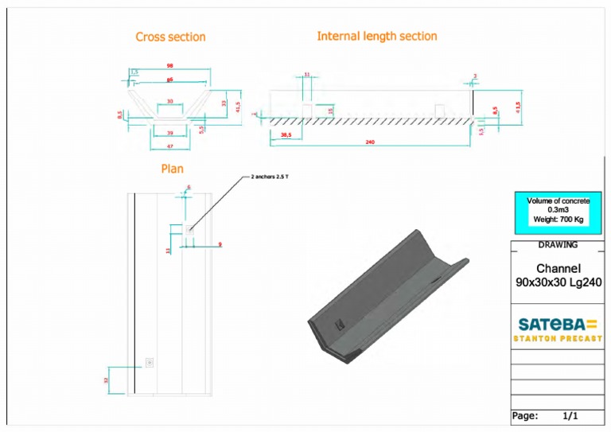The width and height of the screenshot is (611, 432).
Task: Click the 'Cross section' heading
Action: pyautogui.click(x=170, y=37)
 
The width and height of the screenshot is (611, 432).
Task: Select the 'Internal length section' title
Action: pyautogui.click(x=376, y=36)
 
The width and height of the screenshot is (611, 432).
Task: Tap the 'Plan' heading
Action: pyautogui.click(x=172, y=169)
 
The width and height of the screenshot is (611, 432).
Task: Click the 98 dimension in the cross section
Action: pyautogui.click(x=169, y=66)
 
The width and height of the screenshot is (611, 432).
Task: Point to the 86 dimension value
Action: pyautogui.click(x=169, y=80)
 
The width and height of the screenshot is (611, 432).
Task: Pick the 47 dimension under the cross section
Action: pyautogui.click(x=169, y=146)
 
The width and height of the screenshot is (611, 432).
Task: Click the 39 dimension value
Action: pyautogui.click(x=169, y=133)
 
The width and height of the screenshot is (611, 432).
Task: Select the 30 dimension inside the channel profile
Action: pyautogui.click(x=169, y=102)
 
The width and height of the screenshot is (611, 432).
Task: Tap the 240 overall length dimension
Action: pyautogui.click(x=370, y=142)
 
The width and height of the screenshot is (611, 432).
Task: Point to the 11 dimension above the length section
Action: pyautogui.click(x=307, y=75)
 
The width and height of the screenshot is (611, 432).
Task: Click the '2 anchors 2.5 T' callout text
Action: pyautogui.click(x=270, y=176)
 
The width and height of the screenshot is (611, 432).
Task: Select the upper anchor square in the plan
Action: pyautogui.click(x=189, y=229)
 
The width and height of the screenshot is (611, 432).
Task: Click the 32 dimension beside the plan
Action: pyautogui.click(x=106, y=380)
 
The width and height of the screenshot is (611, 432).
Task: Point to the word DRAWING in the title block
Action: pyautogui.click(x=558, y=245)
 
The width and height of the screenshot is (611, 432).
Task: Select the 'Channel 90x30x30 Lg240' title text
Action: pyautogui.click(x=558, y=275)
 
